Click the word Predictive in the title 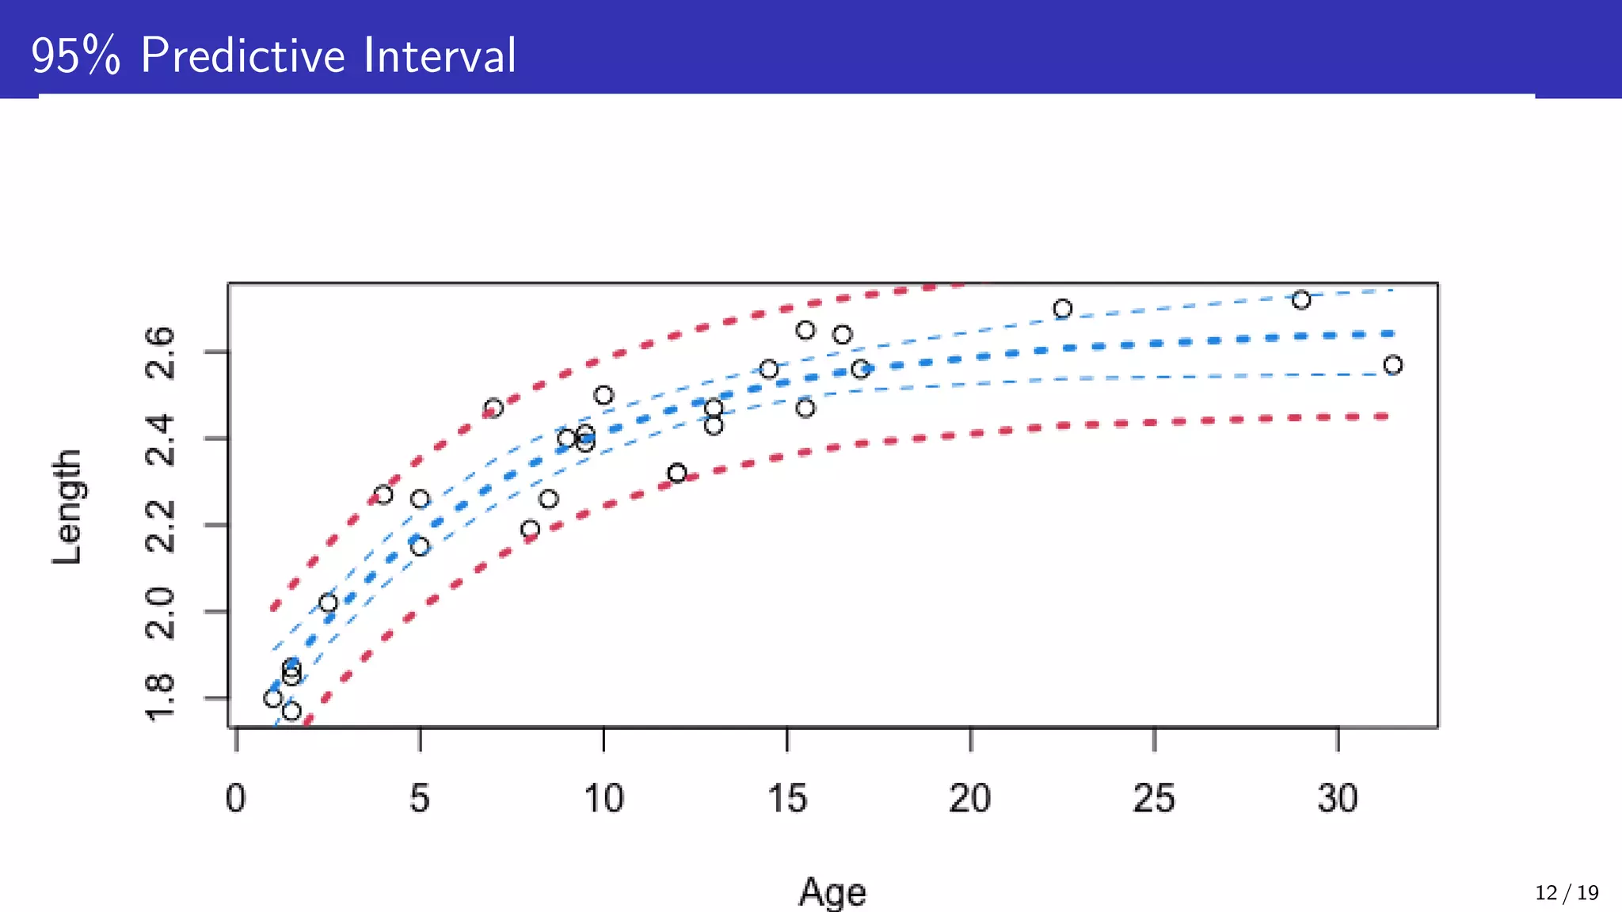click(243, 55)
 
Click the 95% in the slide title click(76, 56)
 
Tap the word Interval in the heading click(440, 55)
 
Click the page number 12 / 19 click(1566, 893)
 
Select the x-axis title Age click(832, 892)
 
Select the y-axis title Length click(67, 507)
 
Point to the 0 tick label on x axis click(236, 798)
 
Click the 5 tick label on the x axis click(420, 798)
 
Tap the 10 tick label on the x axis click(603, 798)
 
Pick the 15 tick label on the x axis click(786, 798)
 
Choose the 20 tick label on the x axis click(970, 798)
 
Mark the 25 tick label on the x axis click(1154, 798)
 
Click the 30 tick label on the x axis click(1338, 798)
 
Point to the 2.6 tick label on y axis click(160, 352)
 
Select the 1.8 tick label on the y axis click(160, 698)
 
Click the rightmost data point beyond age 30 click(1392, 365)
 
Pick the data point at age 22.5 click(1062, 309)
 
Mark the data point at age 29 click(1300, 300)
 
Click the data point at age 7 click(493, 408)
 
